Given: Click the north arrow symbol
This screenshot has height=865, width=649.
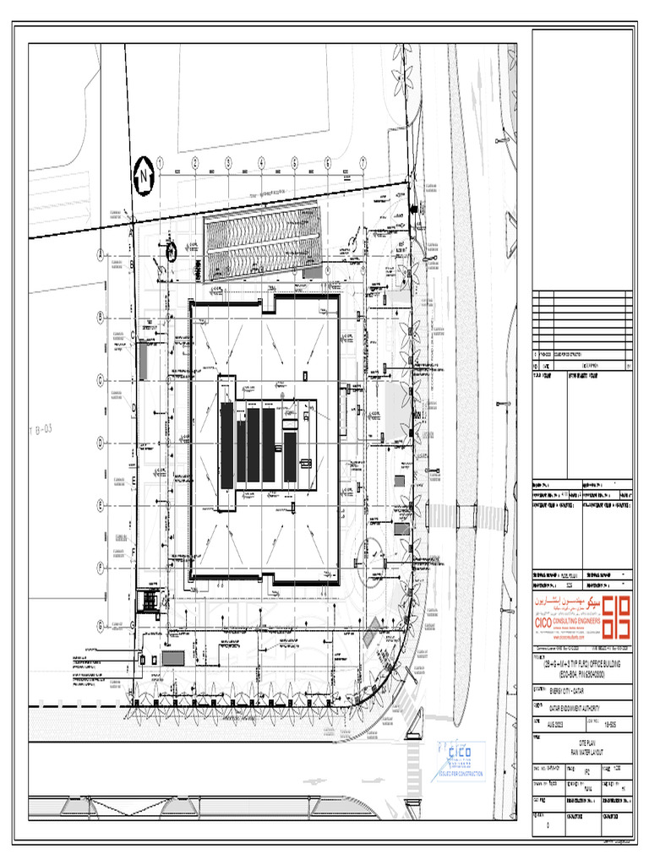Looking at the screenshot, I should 145,175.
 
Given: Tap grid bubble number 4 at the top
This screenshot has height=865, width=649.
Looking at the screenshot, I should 261,162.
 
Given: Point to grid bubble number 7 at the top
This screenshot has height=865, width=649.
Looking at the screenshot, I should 362,162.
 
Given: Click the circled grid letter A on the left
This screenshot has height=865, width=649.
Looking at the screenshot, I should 100,253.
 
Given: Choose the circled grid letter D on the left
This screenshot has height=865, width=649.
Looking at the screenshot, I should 100,441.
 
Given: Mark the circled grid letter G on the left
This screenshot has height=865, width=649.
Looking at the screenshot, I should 100,625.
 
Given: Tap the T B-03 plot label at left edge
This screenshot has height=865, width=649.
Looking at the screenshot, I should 41,430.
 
